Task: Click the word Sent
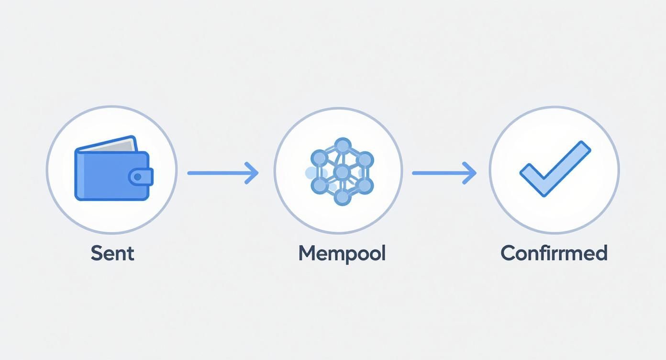coord(112,253)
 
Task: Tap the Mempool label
coord(342,253)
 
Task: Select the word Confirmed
coord(554,253)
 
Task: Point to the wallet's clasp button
coord(139,177)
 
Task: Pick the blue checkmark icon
coord(555,168)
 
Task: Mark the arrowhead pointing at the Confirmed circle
coord(471,173)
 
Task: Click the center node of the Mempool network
coord(342,172)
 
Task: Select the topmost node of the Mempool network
coord(342,146)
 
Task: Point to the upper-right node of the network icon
coord(365,159)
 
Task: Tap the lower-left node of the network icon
coord(319,185)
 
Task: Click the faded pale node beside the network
coord(311,172)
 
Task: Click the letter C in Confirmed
coord(509,253)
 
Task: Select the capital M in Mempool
coord(309,253)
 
